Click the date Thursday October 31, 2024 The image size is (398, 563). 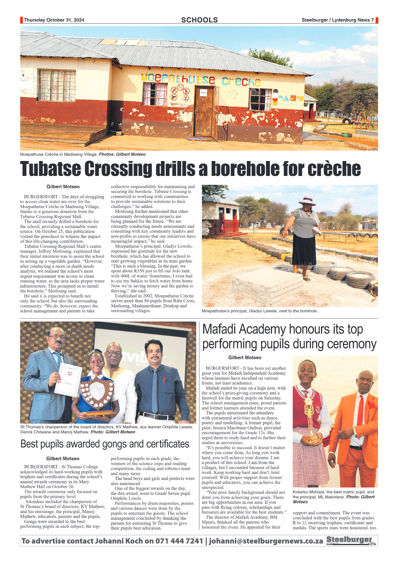(x=54, y=20)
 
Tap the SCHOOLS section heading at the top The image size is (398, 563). (x=199, y=20)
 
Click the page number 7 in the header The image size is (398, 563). (x=372, y=20)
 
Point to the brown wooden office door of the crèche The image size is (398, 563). (x=204, y=111)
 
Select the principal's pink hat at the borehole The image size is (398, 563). (x=307, y=200)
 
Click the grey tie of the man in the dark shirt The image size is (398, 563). (x=155, y=390)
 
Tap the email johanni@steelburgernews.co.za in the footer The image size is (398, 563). (x=266, y=541)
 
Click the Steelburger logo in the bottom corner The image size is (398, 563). (x=351, y=540)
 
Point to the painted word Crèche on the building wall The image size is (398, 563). (x=241, y=82)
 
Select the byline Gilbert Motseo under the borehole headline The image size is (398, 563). (x=63, y=187)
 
